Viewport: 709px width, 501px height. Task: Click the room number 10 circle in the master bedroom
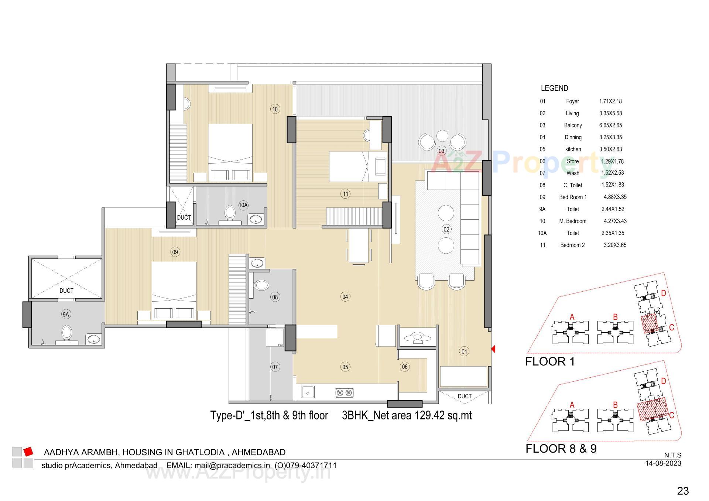275,109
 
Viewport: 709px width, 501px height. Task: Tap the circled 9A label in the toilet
66,315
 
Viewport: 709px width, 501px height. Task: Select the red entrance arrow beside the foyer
493,349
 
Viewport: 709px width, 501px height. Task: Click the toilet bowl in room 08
262,285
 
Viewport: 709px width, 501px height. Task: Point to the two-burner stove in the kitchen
344,392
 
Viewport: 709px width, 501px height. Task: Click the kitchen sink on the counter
308,392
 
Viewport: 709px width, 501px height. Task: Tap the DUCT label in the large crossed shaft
66,291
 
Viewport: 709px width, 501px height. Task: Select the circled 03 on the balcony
441,151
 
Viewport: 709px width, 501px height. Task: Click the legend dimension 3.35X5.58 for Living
610,113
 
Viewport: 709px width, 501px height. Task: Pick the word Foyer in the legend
572,101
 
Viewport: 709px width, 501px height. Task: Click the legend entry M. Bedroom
572,221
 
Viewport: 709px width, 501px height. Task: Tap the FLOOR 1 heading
550,361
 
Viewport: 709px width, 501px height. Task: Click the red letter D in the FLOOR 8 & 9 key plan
663,381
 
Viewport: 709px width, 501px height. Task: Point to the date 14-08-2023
663,463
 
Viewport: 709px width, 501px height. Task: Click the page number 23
683,491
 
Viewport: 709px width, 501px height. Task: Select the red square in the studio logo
28,451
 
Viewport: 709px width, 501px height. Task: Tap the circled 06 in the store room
405,367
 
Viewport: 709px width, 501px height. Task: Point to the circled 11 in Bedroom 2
345,194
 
